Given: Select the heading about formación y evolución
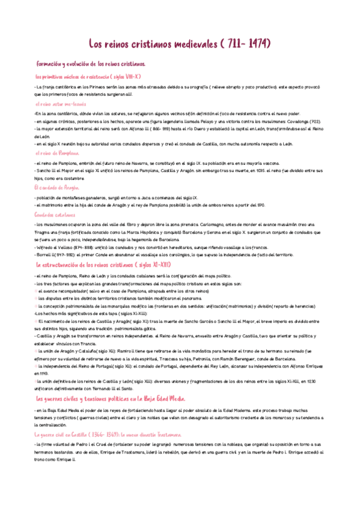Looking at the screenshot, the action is click(x=90, y=64).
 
